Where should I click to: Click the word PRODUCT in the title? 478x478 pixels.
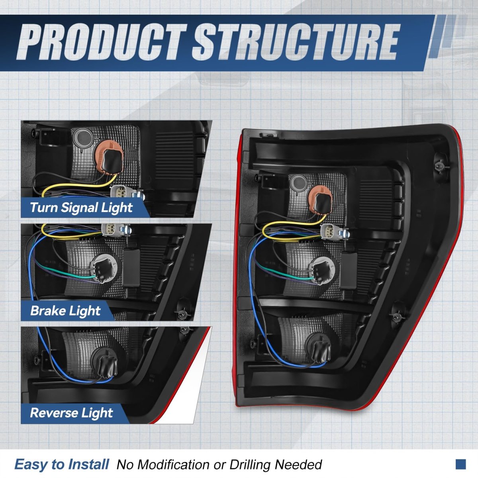[102, 42]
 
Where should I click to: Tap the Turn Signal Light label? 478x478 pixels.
[81, 208]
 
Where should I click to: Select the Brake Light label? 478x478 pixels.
[65, 311]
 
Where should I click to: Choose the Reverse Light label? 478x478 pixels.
[71, 413]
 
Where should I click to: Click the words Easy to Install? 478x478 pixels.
[61, 464]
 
